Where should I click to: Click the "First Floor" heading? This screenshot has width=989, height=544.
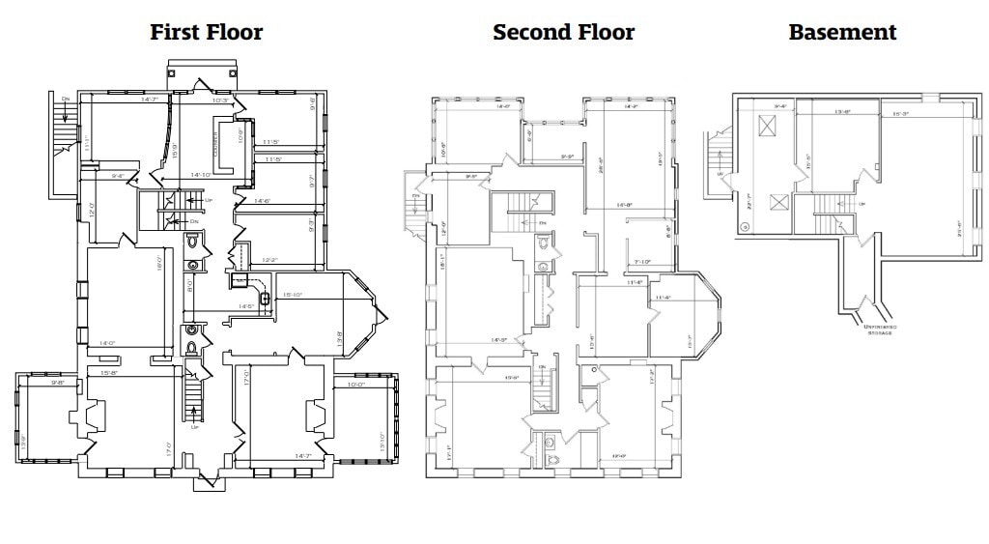[x=206, y=32]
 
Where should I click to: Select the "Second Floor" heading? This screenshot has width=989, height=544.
[x=563, y=32]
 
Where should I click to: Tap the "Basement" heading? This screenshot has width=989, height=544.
[x=842, y=32]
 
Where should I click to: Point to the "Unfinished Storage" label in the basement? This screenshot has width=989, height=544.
[x=880, y=329]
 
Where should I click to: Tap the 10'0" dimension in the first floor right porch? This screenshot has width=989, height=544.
[x=356, y=384]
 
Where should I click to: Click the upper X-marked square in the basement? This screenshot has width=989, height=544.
[x=769, y=126]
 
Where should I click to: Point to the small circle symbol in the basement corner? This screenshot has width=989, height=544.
[x=745, y=227]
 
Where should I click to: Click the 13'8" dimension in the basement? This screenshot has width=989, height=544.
[x=841, y=111]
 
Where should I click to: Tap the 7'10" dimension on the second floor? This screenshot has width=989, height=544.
[x=641, y=262]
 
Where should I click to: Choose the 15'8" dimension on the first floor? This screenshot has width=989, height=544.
[x=109, y=372]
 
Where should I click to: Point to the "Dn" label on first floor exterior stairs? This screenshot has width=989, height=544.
[x=66, y=99]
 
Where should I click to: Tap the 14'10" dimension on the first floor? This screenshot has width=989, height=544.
[x=201, y=175]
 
